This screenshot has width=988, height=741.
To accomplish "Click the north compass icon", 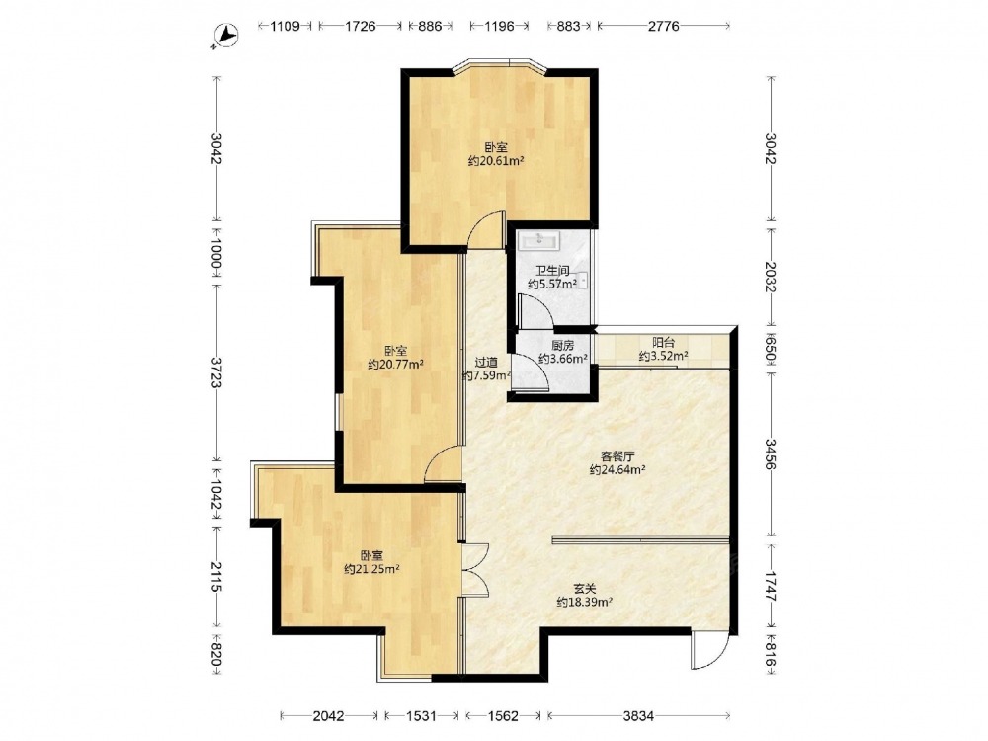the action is tap(225, 37).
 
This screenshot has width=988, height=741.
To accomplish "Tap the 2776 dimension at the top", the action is tap(664, 26).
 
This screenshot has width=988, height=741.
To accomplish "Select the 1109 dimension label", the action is tap(285, 26).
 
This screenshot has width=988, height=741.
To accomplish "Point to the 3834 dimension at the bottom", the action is tap(639, 715).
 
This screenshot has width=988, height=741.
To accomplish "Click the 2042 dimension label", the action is tap(328, 715).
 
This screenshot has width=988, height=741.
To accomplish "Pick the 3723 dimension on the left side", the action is tap(216, 373).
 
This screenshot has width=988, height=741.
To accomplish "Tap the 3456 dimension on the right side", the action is tap(771, 454).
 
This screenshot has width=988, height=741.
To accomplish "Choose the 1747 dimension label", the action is tap(771, 584).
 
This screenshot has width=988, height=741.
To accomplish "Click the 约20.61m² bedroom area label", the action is tap(497, 161).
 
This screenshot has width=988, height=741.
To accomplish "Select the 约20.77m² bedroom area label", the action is tap(396, 365).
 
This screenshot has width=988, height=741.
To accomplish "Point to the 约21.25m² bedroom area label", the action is tap(371, 570).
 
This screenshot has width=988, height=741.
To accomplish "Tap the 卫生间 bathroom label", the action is tap(552, 271).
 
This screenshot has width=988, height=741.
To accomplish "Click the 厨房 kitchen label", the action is tap(563, 346).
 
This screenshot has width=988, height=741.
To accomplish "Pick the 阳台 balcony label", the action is tap(664, 343).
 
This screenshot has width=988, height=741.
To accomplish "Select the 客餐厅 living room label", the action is tap(617, 455).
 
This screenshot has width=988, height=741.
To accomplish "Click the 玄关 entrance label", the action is tap(585, 589).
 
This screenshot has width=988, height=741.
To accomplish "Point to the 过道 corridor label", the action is tap(486, 363).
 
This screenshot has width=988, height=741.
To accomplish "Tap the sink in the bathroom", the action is tap(538, 239).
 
